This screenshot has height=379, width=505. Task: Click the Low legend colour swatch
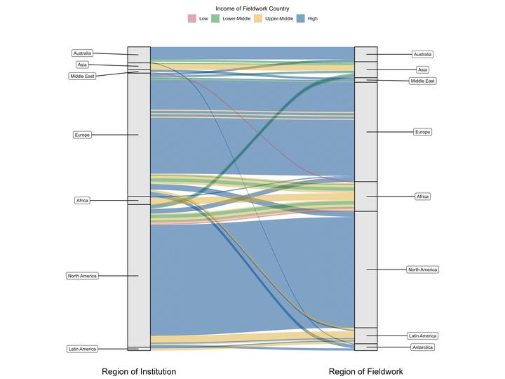point(192,18)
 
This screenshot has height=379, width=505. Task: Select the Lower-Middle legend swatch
point(216,18)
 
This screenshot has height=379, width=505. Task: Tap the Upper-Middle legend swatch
point(259,18)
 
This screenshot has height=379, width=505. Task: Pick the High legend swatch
point(302,18)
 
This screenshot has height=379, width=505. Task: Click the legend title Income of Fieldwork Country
point(252,8)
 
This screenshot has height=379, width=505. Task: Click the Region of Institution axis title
point(139,371)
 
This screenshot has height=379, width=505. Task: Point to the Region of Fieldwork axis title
point(365,371)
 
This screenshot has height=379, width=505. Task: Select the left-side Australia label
point(82,53)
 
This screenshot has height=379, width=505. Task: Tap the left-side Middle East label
point(82,76)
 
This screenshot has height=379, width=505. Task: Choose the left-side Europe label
point(82,135)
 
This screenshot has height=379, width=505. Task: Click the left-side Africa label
point(82,201)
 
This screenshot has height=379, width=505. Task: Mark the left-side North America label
point(82,276)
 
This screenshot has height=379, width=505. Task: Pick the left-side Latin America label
point(82,349)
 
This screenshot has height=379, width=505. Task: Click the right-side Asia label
point(422,69)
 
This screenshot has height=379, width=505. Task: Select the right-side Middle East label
point(422,81)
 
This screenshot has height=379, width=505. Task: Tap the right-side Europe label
point(422,132)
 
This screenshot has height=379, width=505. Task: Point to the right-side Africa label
point(422,197)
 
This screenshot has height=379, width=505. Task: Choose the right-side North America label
point(422,270)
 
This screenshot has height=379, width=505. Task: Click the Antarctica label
point(422,347)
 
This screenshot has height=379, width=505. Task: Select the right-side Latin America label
point(422,335)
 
